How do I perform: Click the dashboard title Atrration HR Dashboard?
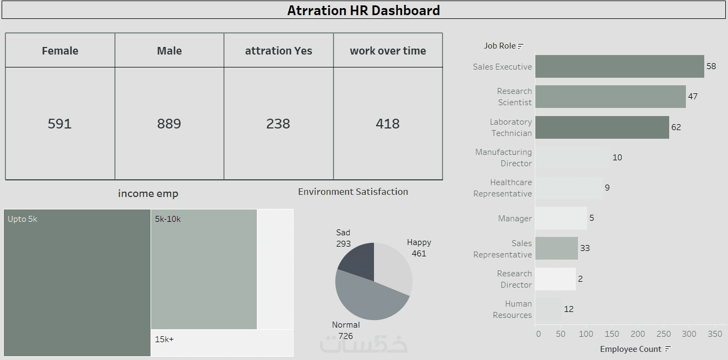coord(363,10)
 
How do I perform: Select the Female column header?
coord(60,51)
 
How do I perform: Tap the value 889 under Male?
coord(169,124)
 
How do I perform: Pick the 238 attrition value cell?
coord(278,124)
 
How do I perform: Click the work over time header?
coord(387,51)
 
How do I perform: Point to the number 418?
coord(387,124)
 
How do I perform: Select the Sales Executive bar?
coord(620,66)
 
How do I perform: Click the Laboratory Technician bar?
coord(602,127)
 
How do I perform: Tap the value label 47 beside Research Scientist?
coord(693,97)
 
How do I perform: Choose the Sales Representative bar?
coord(556,248)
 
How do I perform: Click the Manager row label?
coord(515,219)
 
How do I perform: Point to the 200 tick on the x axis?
coord(638,334)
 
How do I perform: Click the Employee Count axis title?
coord(630,349)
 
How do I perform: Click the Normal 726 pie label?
coord(345,330)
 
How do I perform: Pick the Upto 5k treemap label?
coord(23,219)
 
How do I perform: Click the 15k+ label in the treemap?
coord(164,339)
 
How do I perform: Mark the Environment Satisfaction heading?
coord(353,192)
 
